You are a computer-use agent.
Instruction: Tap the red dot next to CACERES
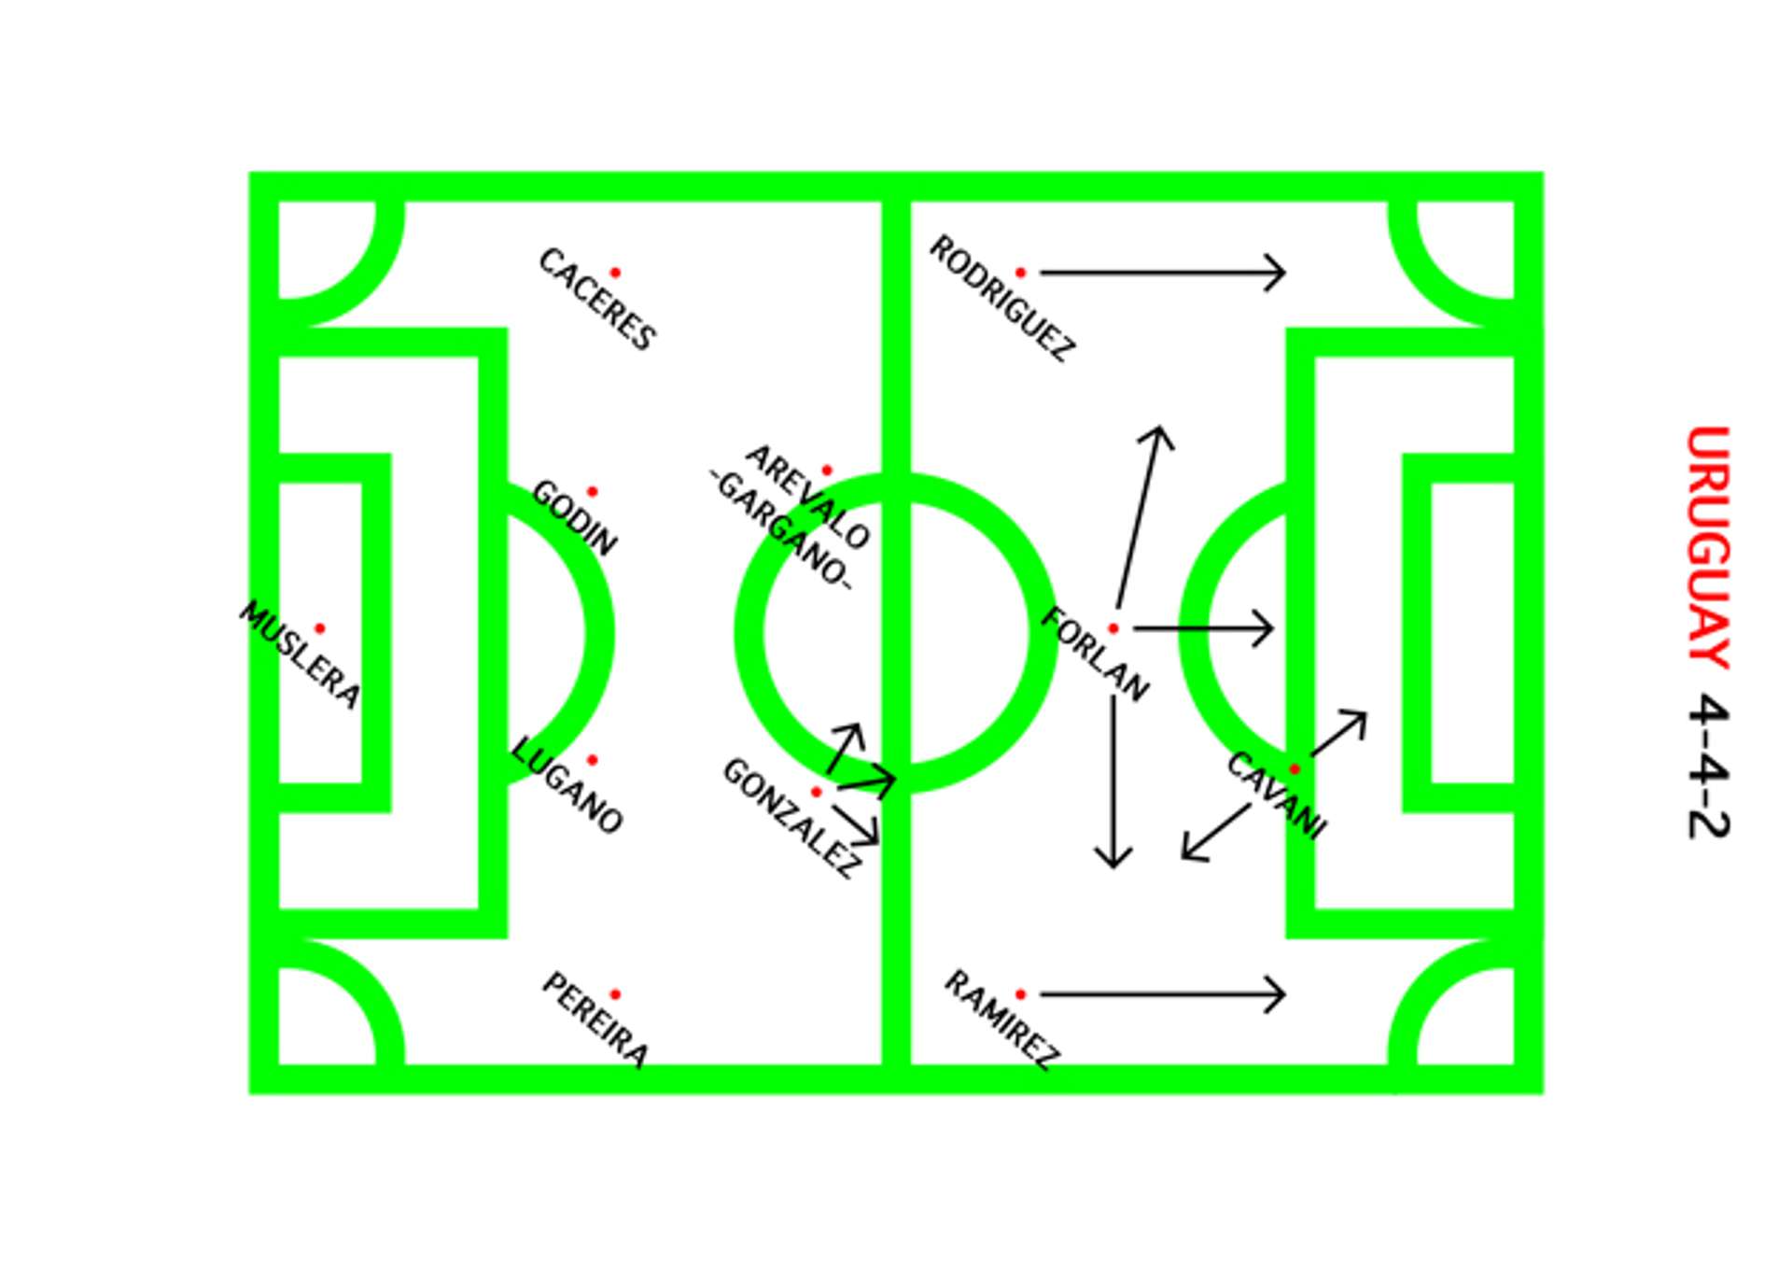[x=615, y=273]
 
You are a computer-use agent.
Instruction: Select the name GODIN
[x=574, y=518]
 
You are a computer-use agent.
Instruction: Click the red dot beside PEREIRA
[x=615, y=994]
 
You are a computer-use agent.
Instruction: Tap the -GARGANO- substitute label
[x=780, y=529]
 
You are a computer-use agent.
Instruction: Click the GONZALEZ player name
[x=791, y=819]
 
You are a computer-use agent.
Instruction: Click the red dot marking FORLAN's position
[x=1113, y=628]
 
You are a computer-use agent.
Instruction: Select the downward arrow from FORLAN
[x=1113, y=784]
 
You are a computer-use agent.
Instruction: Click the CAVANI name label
[x=1276, y=795]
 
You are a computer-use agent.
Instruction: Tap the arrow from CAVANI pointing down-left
[x=1214, y=833]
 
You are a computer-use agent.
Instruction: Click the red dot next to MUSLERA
[x=320, y=628]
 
